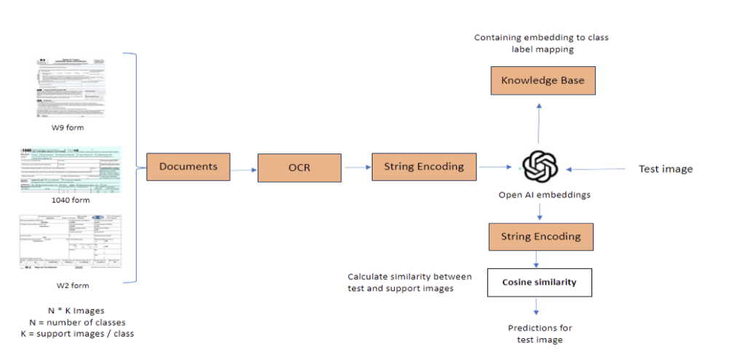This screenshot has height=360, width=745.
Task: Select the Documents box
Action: [x=188, y=167]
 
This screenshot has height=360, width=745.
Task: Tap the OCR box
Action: [x=299, y=168]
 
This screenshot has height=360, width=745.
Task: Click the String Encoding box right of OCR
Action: [x=423, y=167]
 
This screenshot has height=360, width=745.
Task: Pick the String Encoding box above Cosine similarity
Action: [x=540, y=236]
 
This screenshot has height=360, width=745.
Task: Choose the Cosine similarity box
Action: [x=539, y=282]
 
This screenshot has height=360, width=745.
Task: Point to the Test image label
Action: [x=666, y=169]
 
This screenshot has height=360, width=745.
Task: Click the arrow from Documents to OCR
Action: [x=244, y=169]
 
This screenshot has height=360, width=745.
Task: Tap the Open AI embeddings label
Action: [x=539, y=195]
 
